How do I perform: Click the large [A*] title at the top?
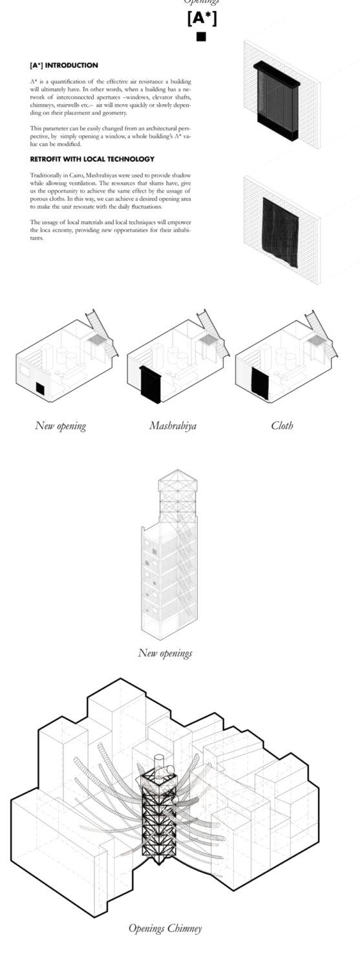tap(202, 19)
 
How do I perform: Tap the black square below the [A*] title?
tap(201, 37)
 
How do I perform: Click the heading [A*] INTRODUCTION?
tap(64, 65)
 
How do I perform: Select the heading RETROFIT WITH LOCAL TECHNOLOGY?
tap(92, 159)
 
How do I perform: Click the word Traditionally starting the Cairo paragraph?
tap(43, 175)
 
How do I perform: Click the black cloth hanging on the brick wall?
tap(281, 233)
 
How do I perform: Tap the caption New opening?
tap(61, 426)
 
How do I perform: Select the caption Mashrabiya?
tap(173, 426)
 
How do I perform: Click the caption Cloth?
tap(282, 426)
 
